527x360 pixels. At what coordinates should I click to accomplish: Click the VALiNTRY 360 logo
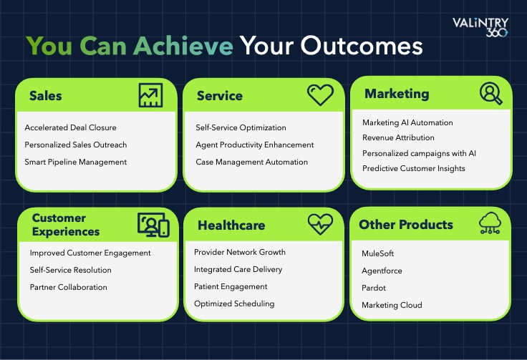click(480, 27)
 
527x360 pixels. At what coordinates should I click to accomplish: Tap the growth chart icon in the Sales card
click(150, 96)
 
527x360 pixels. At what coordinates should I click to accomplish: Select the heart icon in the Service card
click(320, 94)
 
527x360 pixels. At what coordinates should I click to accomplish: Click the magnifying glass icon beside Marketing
click(491, 94)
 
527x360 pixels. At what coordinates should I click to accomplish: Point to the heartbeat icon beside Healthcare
click(320, 224)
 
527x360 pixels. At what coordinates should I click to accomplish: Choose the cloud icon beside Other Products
click(490, 223)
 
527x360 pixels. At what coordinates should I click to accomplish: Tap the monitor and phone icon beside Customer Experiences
click(153, 225)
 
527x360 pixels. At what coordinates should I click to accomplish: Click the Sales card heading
click(45, 96)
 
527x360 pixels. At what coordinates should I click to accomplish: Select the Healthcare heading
click(231, 225)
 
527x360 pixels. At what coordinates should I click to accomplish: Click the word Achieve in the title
click(183, 46)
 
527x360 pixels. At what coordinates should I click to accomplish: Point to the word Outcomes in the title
click(362, 46)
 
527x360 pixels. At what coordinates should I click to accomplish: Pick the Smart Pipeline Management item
click(76, 162)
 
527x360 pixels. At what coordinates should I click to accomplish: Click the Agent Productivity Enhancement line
click(255, 145)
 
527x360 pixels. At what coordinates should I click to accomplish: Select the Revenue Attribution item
click(398, 137)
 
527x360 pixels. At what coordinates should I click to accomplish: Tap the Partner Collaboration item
click(69, 287)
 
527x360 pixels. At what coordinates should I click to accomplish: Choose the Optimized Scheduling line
click(234, 303)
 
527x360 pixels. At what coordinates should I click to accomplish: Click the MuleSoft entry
click(378, 253)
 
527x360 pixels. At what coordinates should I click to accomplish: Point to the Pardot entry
click(374, 288)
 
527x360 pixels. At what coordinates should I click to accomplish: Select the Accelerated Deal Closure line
click(71, 127)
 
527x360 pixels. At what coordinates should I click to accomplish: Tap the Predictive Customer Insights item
click(414, 168)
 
